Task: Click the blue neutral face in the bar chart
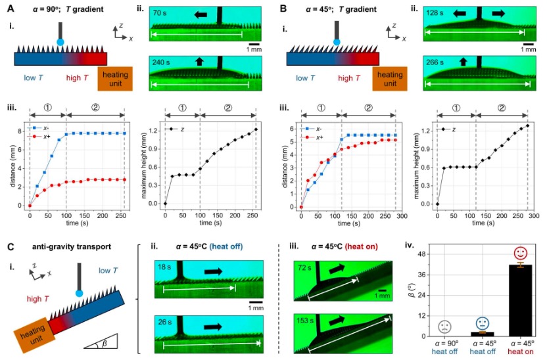[483, 324]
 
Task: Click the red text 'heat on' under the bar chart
[520, 351]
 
